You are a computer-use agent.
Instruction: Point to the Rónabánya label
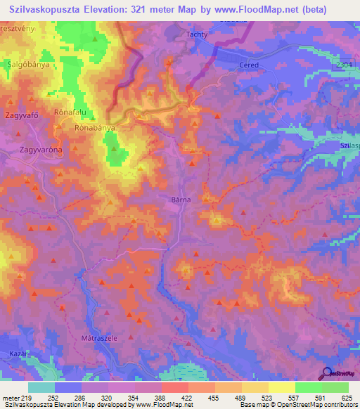point(94,129)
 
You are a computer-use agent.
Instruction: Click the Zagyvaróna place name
point(41,150)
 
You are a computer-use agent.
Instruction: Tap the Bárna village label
point(181,200)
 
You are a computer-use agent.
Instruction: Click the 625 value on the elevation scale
point(345,397)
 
